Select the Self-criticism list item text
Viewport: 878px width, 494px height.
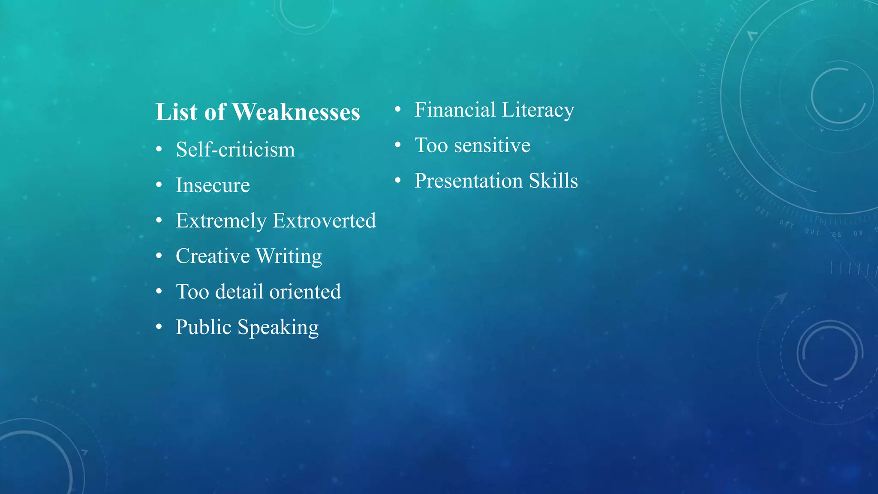pos(235,150)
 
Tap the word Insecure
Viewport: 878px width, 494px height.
pos(213,185)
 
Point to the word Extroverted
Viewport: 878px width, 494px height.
pos(324,221)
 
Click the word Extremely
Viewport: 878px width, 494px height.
pos(221,221)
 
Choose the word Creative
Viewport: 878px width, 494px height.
pos(213,256)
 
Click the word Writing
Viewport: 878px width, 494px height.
pos(289,256)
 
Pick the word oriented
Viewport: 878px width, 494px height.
pos(305,292)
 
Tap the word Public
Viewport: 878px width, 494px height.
pos(204,327)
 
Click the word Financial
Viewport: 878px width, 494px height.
pos(455,110)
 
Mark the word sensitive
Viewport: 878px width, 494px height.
pos(492,145)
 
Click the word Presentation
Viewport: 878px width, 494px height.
pos(469,181)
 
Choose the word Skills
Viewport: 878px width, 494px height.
pos(553,181)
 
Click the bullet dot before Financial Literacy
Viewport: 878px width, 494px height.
pos(398,110)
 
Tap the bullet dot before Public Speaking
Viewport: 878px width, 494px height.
pos(159,327)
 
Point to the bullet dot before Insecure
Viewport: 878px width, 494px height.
pos(159,185)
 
